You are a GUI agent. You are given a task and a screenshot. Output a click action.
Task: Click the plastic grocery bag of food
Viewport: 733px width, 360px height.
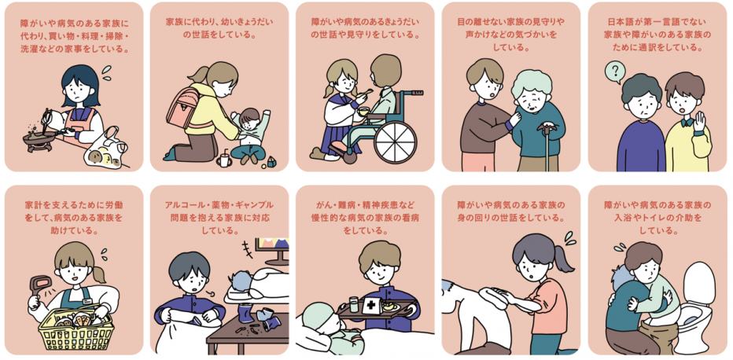(x=105, y=149)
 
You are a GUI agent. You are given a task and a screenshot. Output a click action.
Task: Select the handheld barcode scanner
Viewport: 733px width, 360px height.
(x=39, y=289)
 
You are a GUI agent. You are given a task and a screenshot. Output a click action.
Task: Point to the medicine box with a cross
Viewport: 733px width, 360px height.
(x=372, y=305)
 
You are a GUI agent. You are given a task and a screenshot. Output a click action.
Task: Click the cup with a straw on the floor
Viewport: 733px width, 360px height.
(x=224, y=159)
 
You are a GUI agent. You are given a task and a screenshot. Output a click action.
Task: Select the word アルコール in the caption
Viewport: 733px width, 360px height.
(x=182, y=205)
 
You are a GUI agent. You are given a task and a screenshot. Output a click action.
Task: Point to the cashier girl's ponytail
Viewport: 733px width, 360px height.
(x=98, y=274)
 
